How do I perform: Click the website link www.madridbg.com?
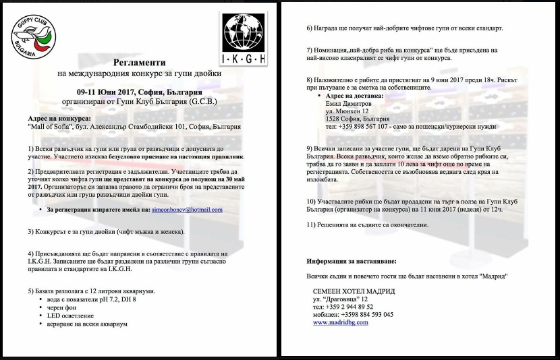(x=341, y=322)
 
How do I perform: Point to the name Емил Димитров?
(x=348, y=104)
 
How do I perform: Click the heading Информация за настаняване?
(x=352, y=260)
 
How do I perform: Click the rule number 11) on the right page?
(x=312, y=223)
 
